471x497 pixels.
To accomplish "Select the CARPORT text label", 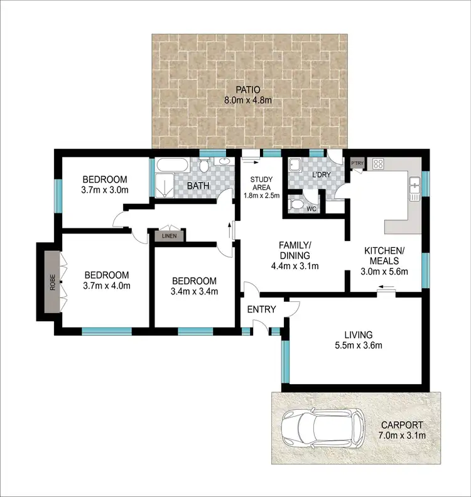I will [x=406, y=424].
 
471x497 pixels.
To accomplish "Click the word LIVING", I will [x=359, y=334].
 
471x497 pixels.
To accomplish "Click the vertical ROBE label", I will [x=53, y=287].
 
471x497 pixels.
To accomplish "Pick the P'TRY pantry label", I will [x=358, y=164].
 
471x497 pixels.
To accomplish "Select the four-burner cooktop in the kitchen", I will [x=379, y=164].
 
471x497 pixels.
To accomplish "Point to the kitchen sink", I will [x=414, y=186].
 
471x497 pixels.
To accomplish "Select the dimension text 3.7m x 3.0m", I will [x=104, y=190].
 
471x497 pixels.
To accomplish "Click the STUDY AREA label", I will [x=261, y=183].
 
